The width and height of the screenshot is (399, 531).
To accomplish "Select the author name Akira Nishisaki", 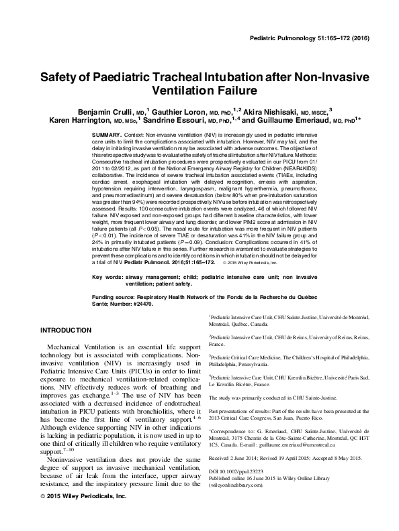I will coord(253,110).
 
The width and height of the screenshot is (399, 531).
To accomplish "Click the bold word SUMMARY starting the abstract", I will coord(105,135).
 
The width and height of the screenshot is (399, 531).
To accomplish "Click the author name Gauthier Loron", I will coord(176,110).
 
